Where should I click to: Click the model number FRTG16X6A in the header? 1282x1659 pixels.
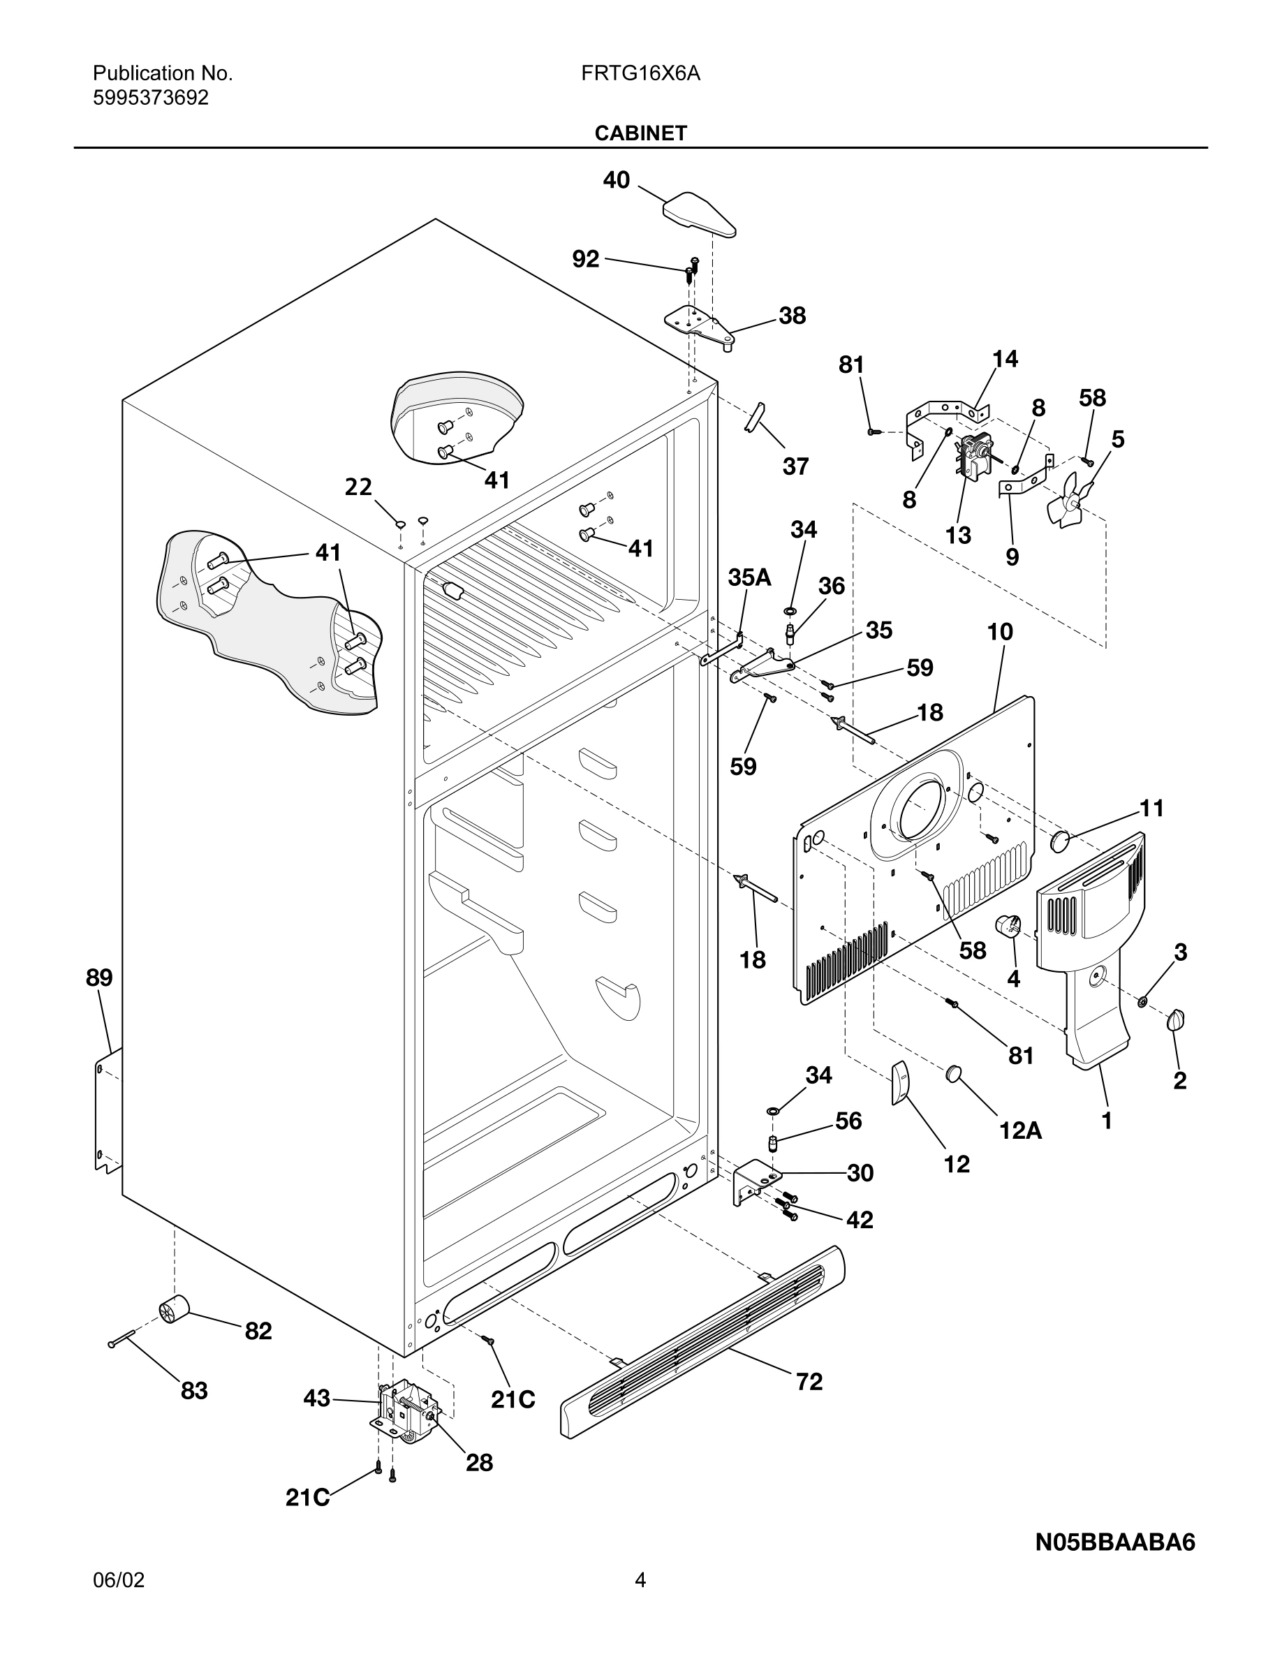coord(640,74)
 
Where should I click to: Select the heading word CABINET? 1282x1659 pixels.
coord(640,133)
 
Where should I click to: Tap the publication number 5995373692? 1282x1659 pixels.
coord(150,98)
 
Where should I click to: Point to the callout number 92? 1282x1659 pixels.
coord(586,260)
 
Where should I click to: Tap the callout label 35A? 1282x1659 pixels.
coord(750,577)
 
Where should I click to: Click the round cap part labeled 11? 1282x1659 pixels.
coord(1060,841)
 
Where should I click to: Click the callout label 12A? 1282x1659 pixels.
coord(1020,1131)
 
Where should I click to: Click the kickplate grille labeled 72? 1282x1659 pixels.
coord(702,1343)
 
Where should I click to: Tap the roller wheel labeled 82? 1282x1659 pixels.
coord(175,1311)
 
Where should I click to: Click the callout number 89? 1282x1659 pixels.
coord(99,978)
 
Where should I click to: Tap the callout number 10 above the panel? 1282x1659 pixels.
coord(999,632)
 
